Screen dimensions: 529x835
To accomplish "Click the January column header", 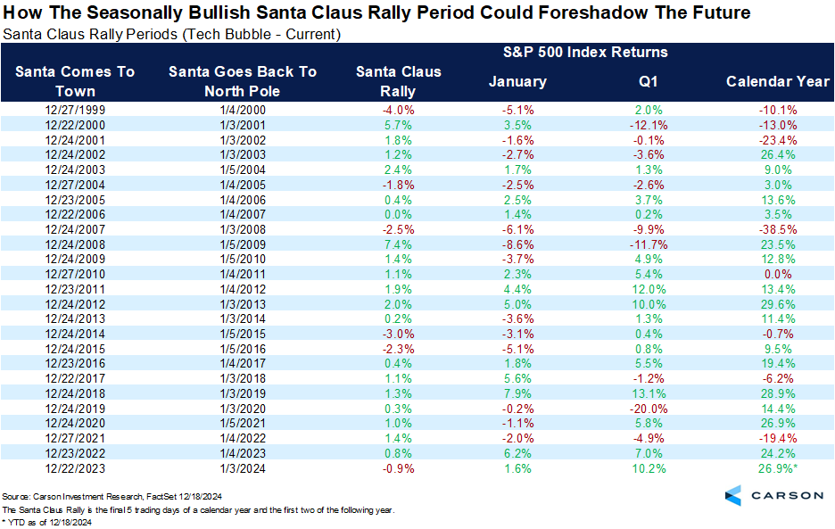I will [517, 81].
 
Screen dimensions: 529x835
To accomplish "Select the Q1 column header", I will [647, 81].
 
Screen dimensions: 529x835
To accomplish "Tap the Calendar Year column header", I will [778, 81].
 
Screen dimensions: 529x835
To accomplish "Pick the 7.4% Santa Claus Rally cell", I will [385, 243].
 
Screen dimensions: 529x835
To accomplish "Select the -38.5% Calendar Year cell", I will [778, 229].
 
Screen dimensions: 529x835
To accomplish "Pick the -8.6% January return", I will [517, 243].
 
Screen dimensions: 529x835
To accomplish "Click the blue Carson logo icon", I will [732, 495].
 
